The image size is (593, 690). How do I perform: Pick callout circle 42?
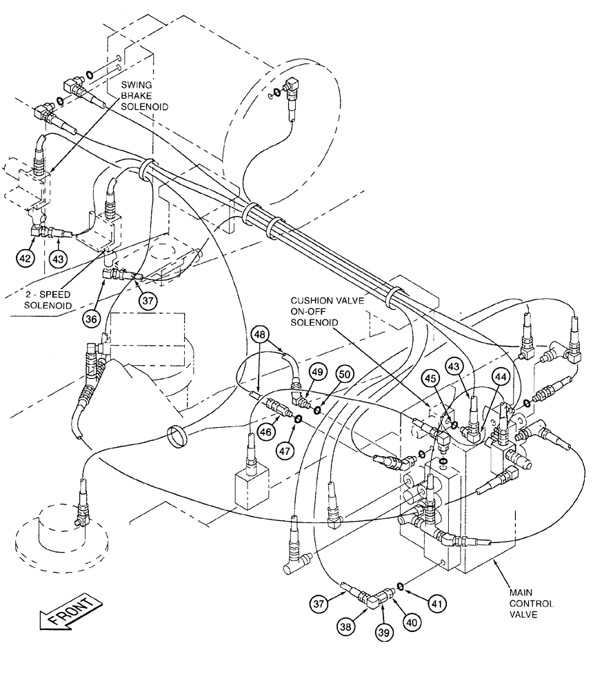[26, 259]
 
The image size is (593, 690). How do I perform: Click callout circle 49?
[316, 372]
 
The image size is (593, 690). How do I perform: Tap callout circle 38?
[345, 627]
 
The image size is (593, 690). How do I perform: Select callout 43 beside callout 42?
[58, 259]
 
